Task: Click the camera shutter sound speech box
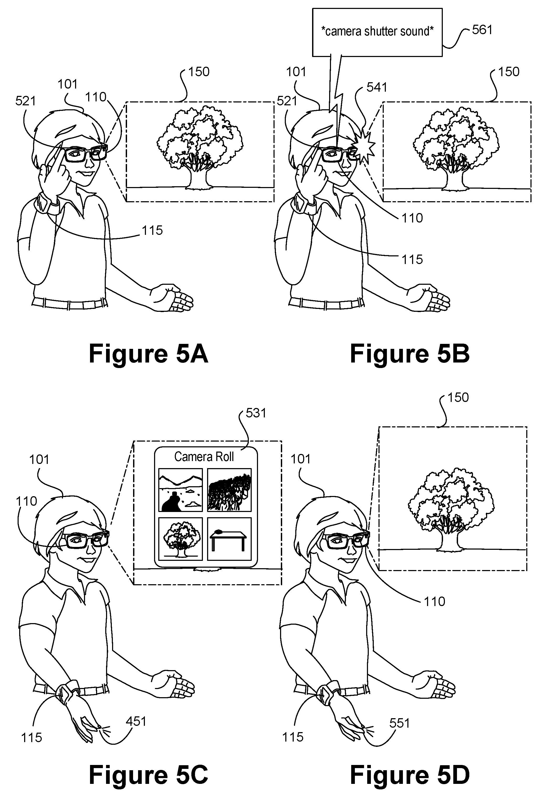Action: click(x=377, y=32)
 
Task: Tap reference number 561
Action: click(x=482, y=30)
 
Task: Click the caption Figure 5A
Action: click(x=148, y=354)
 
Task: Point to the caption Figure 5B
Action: click(x=409, y=354)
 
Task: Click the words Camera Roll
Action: click(x=204, y=457)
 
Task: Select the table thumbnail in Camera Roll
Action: click(x=229, y=539)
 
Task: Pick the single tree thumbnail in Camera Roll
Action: click(x=180, y=539)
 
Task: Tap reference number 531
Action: click(x=256, y=413)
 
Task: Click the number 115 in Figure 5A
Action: click(x=152, y=230)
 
